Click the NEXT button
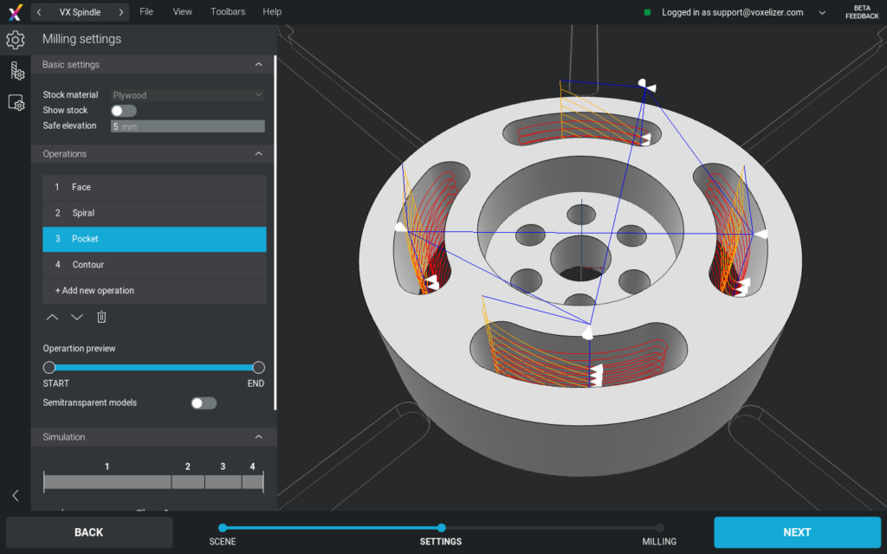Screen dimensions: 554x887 pos(797,532)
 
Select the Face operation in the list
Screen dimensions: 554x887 pos(154,187)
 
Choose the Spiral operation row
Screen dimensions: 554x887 pos(154,213)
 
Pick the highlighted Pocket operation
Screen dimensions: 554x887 pos(154,239)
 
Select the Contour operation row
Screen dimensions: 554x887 pos(154,265)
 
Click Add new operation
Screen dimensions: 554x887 pos(94,291)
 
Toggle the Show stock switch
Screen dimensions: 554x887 pos(124,111)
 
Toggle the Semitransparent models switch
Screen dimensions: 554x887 pos(204,403)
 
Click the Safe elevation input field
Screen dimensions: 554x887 pos(187,126)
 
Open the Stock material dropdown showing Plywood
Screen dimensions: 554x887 pos(187,95)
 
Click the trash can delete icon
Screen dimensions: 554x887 pos(101,317)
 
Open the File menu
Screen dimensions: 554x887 pos(146,12)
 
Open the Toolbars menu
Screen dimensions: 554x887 pos(228,12)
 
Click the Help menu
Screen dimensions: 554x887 pos(272,12)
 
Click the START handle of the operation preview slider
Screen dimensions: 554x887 pos(49,368)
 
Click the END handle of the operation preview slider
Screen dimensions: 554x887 pos(258,368)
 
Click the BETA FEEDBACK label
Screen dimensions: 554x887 pos(862,12)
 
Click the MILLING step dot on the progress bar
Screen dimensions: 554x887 pos(660,528)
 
